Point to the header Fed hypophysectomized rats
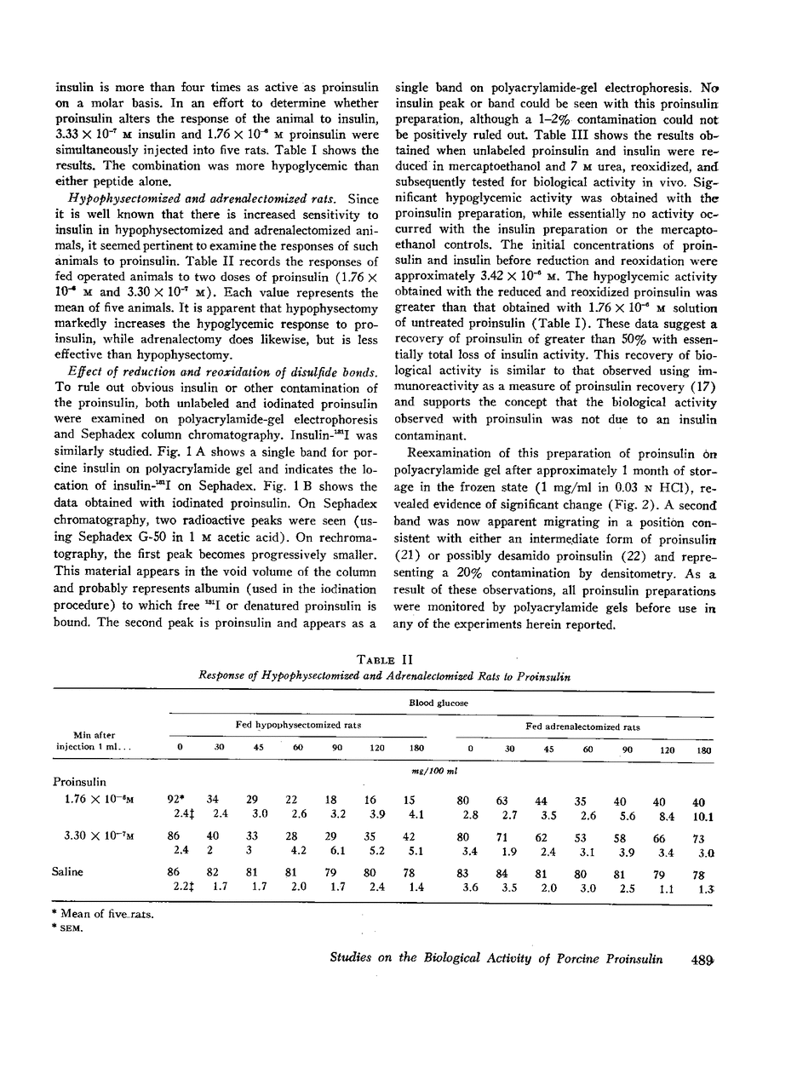tap(297, 725)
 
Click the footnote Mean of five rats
tap(105, 914)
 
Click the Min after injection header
tap(95, 741)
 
